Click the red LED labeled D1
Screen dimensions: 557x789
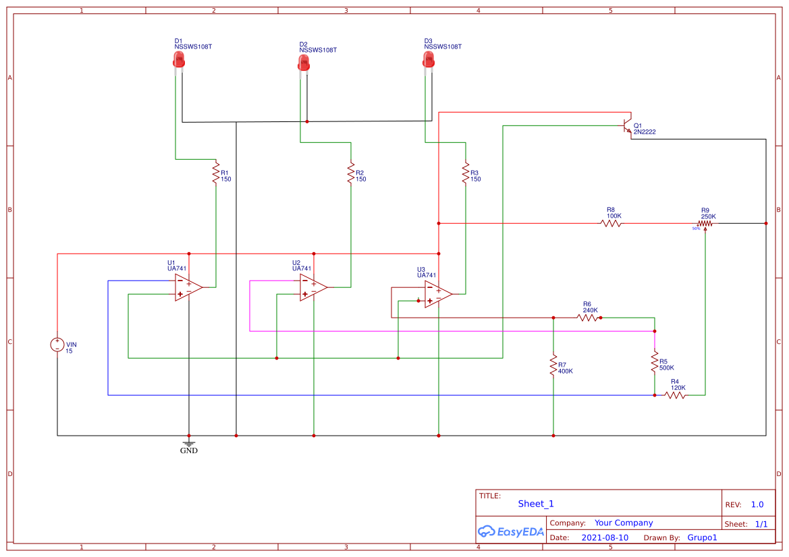179,61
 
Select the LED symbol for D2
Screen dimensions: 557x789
304,63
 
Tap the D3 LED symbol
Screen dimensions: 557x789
429,61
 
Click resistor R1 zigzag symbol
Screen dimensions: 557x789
216,173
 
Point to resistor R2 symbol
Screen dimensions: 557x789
351,173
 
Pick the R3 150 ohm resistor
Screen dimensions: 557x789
465,173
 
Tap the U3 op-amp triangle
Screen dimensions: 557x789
438,294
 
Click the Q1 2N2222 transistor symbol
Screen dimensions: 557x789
628,127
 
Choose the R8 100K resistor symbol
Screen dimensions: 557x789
611,223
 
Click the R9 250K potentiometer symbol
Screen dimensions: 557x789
706,223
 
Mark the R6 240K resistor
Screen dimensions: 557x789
588,317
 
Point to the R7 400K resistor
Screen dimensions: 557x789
553,365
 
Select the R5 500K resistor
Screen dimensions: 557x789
654,361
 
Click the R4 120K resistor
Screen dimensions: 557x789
676,395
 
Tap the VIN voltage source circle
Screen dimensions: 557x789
57,345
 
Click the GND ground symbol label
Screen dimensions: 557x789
189,450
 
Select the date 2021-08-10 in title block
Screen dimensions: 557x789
605,537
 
